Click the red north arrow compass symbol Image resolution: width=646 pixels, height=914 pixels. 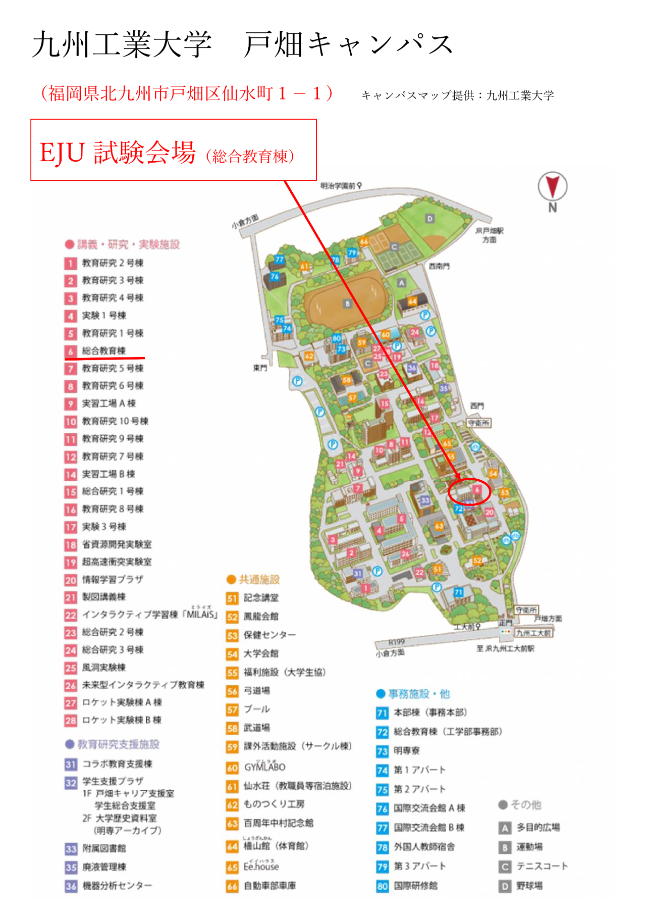coord(553,186)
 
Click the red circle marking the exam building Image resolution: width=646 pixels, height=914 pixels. coord(469,491)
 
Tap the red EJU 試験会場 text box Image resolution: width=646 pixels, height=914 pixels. coord(173,150)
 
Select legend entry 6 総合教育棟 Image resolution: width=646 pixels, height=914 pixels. coord(103,350)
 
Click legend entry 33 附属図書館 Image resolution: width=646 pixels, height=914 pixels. coord(104,848)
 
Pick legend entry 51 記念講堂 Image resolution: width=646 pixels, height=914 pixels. coord(260,598)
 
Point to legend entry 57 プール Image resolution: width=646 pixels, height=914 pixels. coord(256,709)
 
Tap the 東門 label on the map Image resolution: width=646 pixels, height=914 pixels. coord(260,368)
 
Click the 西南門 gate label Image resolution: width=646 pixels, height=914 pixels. coord(439,266)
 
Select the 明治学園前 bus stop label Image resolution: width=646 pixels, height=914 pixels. coord(338,186)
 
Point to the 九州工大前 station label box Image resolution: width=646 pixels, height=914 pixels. coord(533,633)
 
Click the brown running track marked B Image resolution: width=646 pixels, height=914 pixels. coord(347,303)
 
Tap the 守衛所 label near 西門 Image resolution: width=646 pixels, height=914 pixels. coord(478,423)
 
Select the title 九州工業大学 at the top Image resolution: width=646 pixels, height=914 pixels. coord(122,44)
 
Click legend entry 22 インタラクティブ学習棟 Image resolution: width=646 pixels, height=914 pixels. coord(149,615)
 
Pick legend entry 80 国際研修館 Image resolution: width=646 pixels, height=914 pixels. coord(415,886)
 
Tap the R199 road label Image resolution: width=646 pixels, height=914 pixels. coord(396,642)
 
